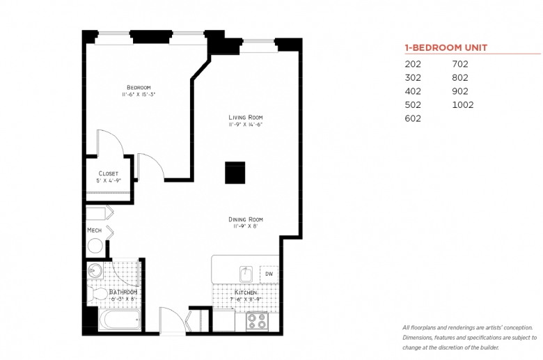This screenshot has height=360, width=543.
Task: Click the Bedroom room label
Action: [139, 87]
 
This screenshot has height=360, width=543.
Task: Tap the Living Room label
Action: [246, 118]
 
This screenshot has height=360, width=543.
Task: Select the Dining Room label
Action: [246, 219]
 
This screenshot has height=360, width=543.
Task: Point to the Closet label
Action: [109, 173]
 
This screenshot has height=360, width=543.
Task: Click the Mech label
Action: [94, 230]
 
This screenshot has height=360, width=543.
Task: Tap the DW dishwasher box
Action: [269, 274]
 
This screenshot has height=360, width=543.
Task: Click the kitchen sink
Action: [246, 274]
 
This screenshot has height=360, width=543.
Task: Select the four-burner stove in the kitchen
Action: [257, 321]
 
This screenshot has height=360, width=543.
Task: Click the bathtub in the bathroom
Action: [120, 320]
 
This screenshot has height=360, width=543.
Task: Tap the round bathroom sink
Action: [94, 271]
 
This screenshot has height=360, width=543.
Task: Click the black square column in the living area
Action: [235, 173]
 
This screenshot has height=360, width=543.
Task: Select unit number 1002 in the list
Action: [463, 104]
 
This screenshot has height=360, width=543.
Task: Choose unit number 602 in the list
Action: [413, 118]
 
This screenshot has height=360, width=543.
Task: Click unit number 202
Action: [413, 64]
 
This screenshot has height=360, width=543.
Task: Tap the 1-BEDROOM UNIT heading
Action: [446, 48]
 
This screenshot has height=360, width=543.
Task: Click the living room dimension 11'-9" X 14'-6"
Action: [246, 125]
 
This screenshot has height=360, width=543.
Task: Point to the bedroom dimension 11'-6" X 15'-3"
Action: [139, 94]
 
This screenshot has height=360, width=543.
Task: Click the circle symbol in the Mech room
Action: [95, 246]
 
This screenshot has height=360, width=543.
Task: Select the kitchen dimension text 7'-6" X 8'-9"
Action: [246, 299]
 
